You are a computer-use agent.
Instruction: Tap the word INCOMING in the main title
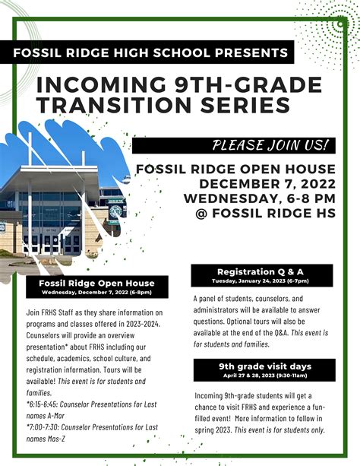click(101, 84)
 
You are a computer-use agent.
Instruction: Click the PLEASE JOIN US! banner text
click(270, 145)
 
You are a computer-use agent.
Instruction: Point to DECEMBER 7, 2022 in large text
click(267, 184)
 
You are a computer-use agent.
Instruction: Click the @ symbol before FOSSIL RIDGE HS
click(201, 214)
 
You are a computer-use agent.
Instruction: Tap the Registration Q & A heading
click(261, 271)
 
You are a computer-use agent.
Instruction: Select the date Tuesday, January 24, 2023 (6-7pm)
click(261, 281)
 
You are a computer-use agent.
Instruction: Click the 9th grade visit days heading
click(265, 366)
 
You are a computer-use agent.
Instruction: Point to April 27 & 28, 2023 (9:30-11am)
click(265, 376)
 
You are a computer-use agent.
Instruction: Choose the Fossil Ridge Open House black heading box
click(97, 287)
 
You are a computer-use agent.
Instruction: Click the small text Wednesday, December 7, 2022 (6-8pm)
click(96, 293)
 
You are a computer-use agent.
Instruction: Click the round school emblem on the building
click(115, 211)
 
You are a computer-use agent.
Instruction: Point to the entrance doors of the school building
click(52, 243)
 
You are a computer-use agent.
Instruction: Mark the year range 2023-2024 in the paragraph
click(143, 324)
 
